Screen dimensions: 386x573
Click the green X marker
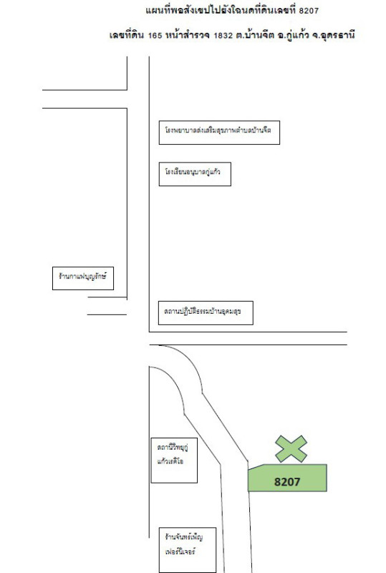[291, 449]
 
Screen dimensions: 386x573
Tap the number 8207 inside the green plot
[287, 482]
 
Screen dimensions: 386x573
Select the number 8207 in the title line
[309, 11]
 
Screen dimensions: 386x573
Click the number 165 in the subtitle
[155, 35]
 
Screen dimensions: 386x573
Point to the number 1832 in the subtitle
[223, 35]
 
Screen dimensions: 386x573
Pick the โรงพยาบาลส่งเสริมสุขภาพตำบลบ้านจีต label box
[219, 133]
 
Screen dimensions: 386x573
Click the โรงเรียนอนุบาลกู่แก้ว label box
[195, 174]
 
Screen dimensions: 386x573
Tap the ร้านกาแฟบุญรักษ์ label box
[83, 279]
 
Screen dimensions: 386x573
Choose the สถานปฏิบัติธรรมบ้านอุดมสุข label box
[206, 313]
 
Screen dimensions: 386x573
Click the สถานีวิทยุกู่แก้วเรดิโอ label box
[174, 461]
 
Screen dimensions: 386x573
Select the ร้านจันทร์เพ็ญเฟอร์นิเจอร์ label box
[188, 550]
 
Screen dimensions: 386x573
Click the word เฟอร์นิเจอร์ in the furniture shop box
[180, 551]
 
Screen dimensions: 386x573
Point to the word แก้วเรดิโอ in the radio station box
[170, 461]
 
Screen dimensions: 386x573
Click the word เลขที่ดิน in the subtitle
[127, 35]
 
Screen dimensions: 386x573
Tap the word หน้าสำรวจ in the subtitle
[188, 35]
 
